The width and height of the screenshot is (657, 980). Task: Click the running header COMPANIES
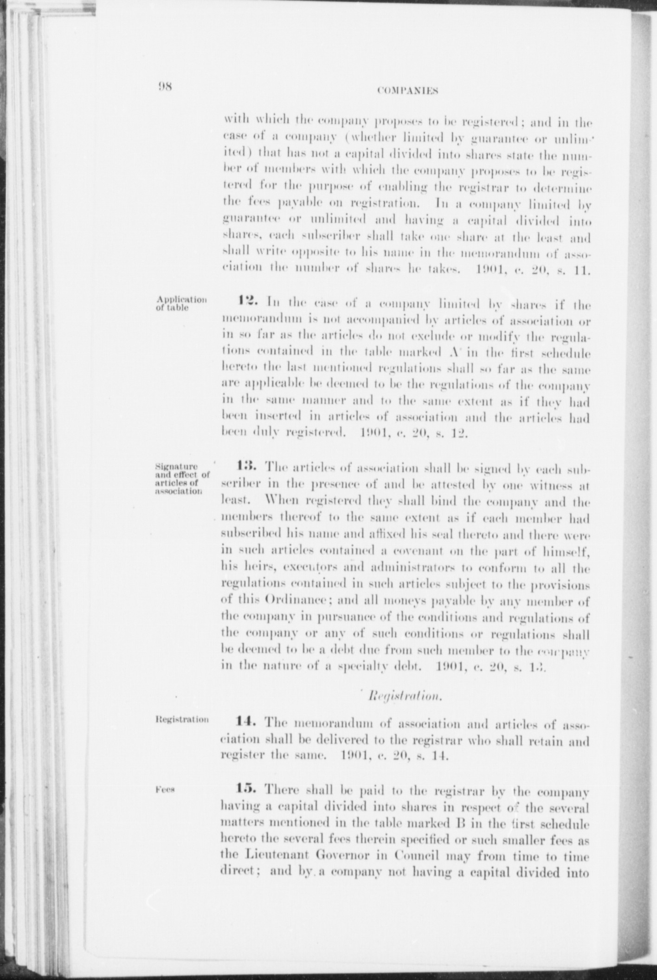408,91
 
